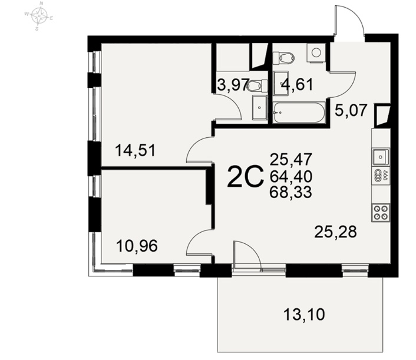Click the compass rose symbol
coord(39,16)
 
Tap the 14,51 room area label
coord(136,150)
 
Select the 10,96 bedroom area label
coord(137,246)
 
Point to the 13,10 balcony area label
coord(304,315)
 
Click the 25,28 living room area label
coord(336,232)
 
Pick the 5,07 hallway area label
coord(351,110)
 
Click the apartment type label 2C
coord(246,176)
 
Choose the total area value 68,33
coord(290,192)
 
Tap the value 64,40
coord(290,176)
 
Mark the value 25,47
coord(290,160)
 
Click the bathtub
coord(299,113)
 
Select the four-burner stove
coord(381,213)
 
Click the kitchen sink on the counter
coord(381,157)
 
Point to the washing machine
coord(316,52)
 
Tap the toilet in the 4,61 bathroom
coord(283,58)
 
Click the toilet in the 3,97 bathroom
coord(257,85)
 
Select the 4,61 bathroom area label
coord(297,85)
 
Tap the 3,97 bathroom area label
coord(233,85)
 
